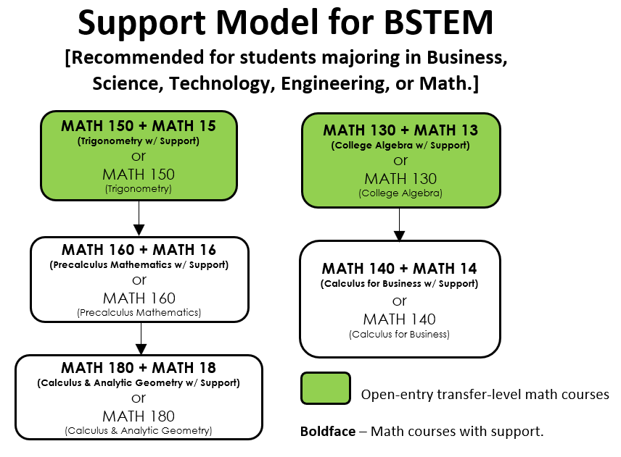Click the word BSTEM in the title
438,22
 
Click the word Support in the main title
141,24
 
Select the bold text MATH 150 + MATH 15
139,126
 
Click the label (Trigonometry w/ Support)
139,141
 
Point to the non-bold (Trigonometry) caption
139,188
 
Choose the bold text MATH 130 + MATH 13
400,130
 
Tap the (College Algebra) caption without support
400,193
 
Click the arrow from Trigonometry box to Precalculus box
139,218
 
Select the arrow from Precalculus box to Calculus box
141,338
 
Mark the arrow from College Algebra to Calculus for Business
399,224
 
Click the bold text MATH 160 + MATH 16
139,250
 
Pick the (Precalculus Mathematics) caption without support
139,313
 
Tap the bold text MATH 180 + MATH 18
139,368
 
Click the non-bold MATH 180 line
139,416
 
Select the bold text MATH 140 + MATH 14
399,269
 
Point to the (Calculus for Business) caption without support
399,335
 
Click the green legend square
326,388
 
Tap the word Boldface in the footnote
328,432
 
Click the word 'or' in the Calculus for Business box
399,301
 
